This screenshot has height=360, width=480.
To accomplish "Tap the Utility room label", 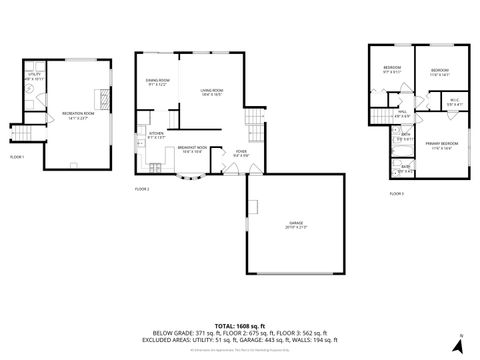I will tap(33, 76).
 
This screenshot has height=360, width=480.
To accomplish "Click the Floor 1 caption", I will tap(18, 157).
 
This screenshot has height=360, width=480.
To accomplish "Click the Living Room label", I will tap(211, 92).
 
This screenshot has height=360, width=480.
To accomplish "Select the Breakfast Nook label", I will tap(192, 150).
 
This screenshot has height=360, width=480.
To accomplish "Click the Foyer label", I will tap(241, 155).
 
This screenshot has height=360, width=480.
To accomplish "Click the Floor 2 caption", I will tap(141, 189).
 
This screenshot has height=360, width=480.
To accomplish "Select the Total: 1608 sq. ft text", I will tap(239, 326).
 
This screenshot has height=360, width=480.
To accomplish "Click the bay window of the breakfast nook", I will tap(192, 177).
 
